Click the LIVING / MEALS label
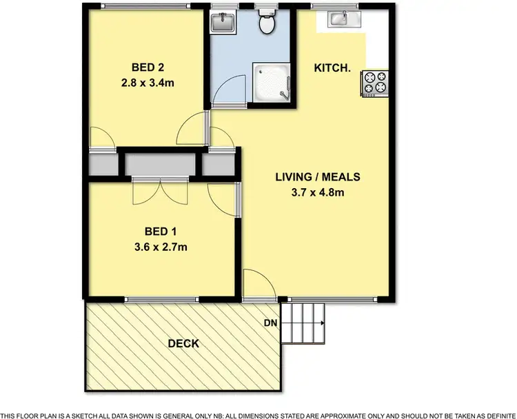tap(318, 177)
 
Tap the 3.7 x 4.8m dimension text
tap(318, 192)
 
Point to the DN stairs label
tap(270, 323)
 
